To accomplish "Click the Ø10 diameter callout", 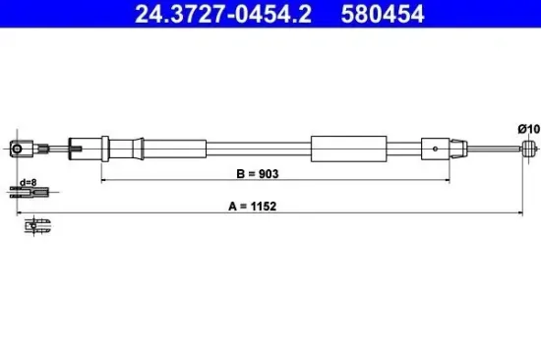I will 528,129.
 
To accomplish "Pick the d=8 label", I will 28,183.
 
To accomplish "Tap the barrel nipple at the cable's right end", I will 529,149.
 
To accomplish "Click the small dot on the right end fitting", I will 437,149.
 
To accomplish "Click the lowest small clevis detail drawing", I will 37,226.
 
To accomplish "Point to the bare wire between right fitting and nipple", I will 492,149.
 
